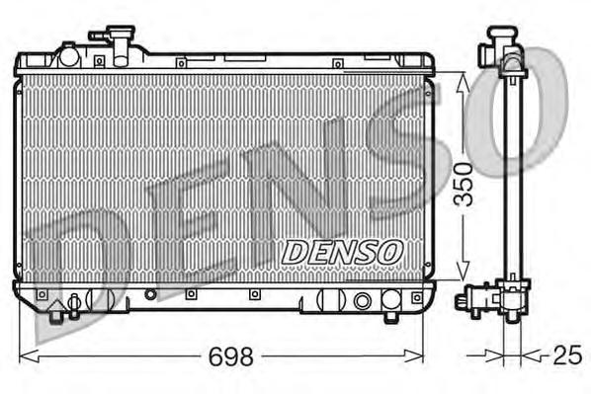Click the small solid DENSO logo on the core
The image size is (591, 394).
coord(342,253)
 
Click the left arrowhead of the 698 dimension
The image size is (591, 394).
coord(24,353)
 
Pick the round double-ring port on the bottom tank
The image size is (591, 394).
coord(363,299)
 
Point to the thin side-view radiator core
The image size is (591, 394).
coord(512,178)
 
